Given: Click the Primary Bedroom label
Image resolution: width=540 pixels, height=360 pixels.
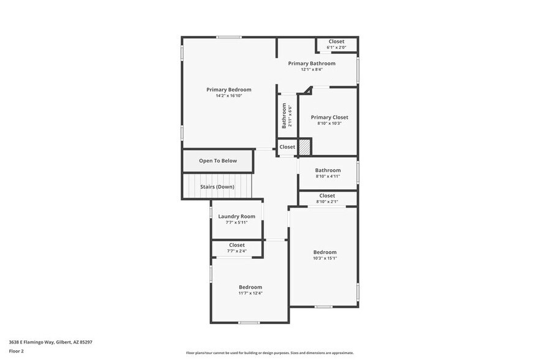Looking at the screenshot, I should click(228, 89).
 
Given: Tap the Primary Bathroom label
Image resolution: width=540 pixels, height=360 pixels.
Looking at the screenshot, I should click(312, 63).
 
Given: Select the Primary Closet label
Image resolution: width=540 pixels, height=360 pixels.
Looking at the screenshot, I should click(329, 117).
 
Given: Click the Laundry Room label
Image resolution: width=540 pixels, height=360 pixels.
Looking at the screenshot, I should click(236, 216).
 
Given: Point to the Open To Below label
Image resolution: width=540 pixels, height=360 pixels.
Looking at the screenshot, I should click(217, 161).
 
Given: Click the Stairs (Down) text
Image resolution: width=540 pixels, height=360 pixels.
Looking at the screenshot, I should click(217, 187).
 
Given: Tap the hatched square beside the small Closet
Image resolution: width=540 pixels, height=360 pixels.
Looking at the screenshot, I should click(305, 147).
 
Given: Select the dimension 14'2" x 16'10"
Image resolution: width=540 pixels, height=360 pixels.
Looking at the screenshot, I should click(228, 96).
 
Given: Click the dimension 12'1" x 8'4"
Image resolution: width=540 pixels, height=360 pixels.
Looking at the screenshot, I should click(312, 70).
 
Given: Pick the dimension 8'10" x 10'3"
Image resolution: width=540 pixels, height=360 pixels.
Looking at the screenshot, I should click(329, 123).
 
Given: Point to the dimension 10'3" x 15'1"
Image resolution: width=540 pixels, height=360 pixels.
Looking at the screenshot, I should click(325, 258).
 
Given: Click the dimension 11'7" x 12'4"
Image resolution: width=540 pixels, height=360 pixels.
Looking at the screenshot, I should click(250, 293).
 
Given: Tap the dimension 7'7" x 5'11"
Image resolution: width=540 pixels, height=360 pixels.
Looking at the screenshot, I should click(236, 222).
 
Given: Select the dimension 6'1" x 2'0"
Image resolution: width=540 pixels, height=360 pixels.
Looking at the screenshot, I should click(336, 47).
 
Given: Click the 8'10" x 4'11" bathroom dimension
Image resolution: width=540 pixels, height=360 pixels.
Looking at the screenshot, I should click(328, 176).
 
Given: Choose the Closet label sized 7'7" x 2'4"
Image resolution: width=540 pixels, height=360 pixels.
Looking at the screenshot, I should click(236, 245).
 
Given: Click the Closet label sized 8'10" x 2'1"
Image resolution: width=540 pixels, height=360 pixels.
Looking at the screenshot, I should click(327, 195).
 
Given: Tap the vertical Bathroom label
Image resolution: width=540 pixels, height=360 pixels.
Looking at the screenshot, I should click(284, 115).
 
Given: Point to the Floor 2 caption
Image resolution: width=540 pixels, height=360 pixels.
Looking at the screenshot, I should click(17, 351).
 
